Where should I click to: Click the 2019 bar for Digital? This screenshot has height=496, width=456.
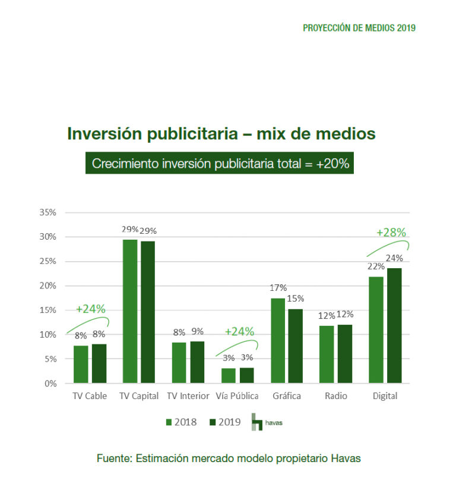[x=394, y=325]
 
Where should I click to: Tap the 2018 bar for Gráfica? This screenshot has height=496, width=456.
[x=278, y=340]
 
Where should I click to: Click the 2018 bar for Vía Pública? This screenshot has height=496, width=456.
[x=229, y=375]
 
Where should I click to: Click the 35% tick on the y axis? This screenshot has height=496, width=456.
[x=48, y=212]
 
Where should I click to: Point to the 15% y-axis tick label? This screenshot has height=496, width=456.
[x=48, y=310]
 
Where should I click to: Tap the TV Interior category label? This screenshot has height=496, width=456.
[x=188, y=396]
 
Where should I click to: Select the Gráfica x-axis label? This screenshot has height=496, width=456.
[x=287, y=396]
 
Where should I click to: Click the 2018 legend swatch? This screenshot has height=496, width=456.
[x=169, y=422]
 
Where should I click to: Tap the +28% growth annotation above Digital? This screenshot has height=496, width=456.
[x=391, y=233]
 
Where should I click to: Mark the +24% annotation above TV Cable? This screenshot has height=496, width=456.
[x=90, y=309]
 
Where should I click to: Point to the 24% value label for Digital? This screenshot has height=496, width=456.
[x=394, y=258]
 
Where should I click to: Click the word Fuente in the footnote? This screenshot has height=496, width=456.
[x=113, y=459]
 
